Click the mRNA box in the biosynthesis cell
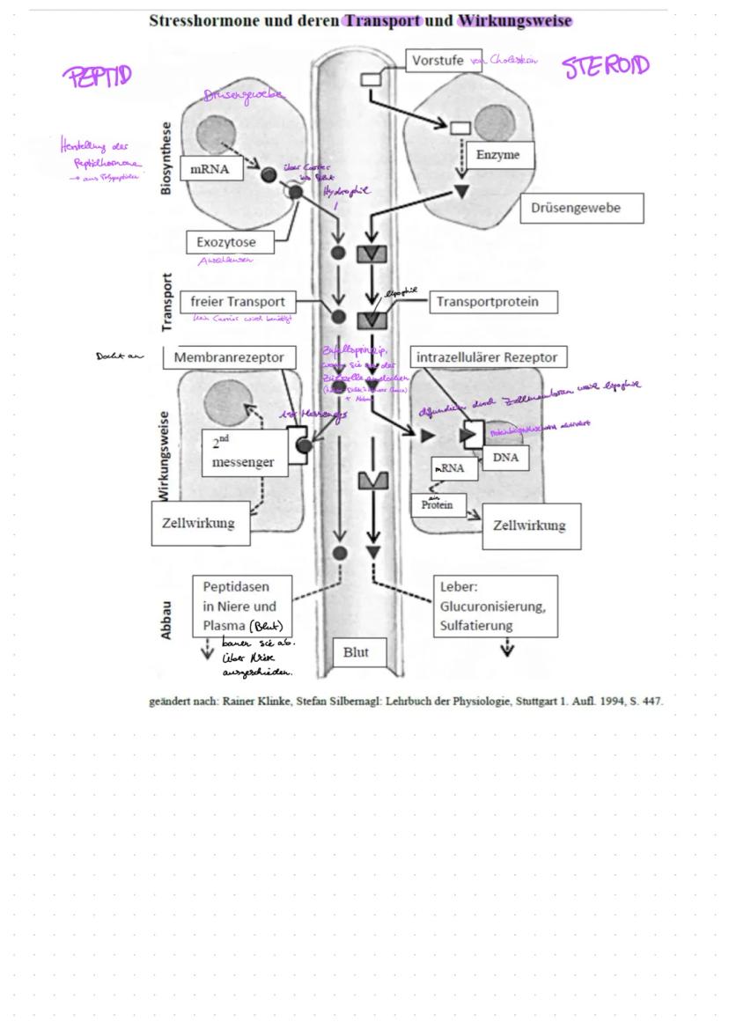tap(210, 169)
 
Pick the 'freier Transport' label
tap(238, 302)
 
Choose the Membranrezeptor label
tap(230, 357)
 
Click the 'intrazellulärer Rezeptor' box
tap(490, 357)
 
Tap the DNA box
tap(504, 458)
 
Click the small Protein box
tap(437, 504)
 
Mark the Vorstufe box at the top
tap(444, 61)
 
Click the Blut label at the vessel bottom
tap(356, 652)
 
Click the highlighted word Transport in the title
tap(383, 20)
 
